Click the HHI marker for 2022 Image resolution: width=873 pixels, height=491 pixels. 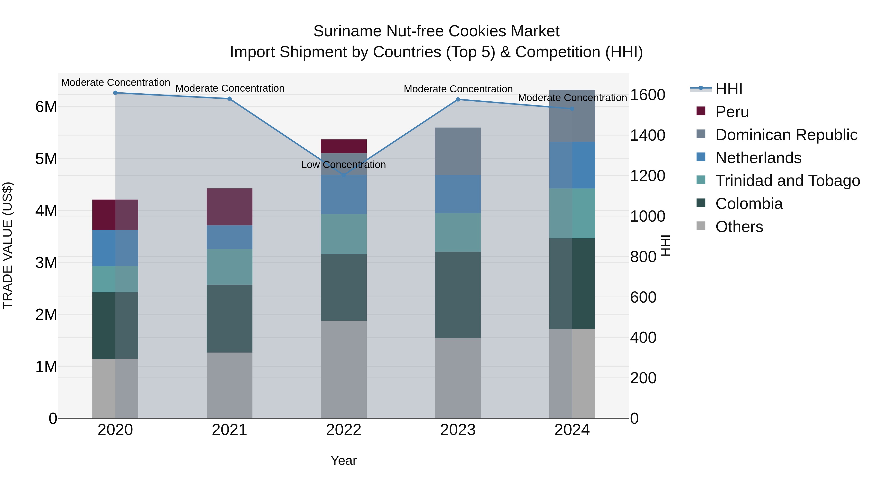[x=344, y=175]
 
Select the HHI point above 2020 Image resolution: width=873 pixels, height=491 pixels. [x=115, y=93]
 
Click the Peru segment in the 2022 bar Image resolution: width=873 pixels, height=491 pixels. [x=344, y=146]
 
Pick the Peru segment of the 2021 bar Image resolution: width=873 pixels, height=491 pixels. [x=229, y=207]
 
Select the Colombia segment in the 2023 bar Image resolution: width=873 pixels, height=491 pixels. [x=458, y=295]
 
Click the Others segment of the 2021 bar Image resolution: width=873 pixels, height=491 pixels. [x=229, y=385]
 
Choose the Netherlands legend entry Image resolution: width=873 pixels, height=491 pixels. [x=758, y=158]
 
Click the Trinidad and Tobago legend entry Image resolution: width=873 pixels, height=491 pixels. [x=787, y=181]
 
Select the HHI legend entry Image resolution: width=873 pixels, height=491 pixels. [x=729, y=89]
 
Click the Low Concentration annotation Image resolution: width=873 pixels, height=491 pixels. [x=343, y=165]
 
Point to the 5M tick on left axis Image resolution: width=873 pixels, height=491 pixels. [x=46, y=159]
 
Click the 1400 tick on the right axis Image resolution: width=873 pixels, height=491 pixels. [x=647, y=135]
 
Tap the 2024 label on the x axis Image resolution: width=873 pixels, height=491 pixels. [x=572, y=430]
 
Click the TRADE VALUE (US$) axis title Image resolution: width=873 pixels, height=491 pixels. [x=8, y=245]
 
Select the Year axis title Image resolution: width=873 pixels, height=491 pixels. [x=343, y=460]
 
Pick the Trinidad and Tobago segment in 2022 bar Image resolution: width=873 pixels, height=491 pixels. [x=344, y=234]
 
